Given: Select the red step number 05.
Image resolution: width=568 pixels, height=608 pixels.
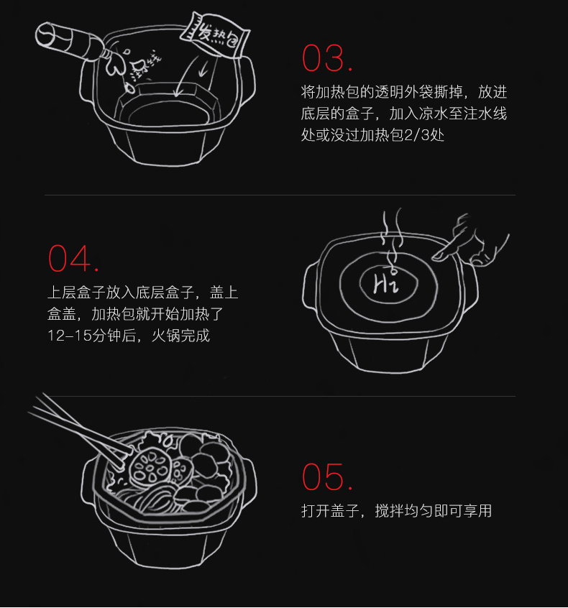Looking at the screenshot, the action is tap(326, 476).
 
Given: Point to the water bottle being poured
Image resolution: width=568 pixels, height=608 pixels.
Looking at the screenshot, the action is tap(70, 42).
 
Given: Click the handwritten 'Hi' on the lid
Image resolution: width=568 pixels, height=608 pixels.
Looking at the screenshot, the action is tap(386, 282).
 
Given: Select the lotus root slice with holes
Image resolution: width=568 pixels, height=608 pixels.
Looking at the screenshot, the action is tap(150, 466).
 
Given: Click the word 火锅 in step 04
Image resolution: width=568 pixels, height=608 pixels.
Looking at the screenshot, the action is tap(165, 336).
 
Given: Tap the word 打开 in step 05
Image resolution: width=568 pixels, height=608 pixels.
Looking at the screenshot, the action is tap(316, 511).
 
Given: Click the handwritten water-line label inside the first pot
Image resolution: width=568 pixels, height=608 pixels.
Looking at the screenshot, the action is tap(146, 64).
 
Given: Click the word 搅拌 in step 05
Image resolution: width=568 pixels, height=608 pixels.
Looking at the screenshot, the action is tap(390, 511).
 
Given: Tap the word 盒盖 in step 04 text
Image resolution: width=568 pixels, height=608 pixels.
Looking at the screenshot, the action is tap(62, 314).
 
